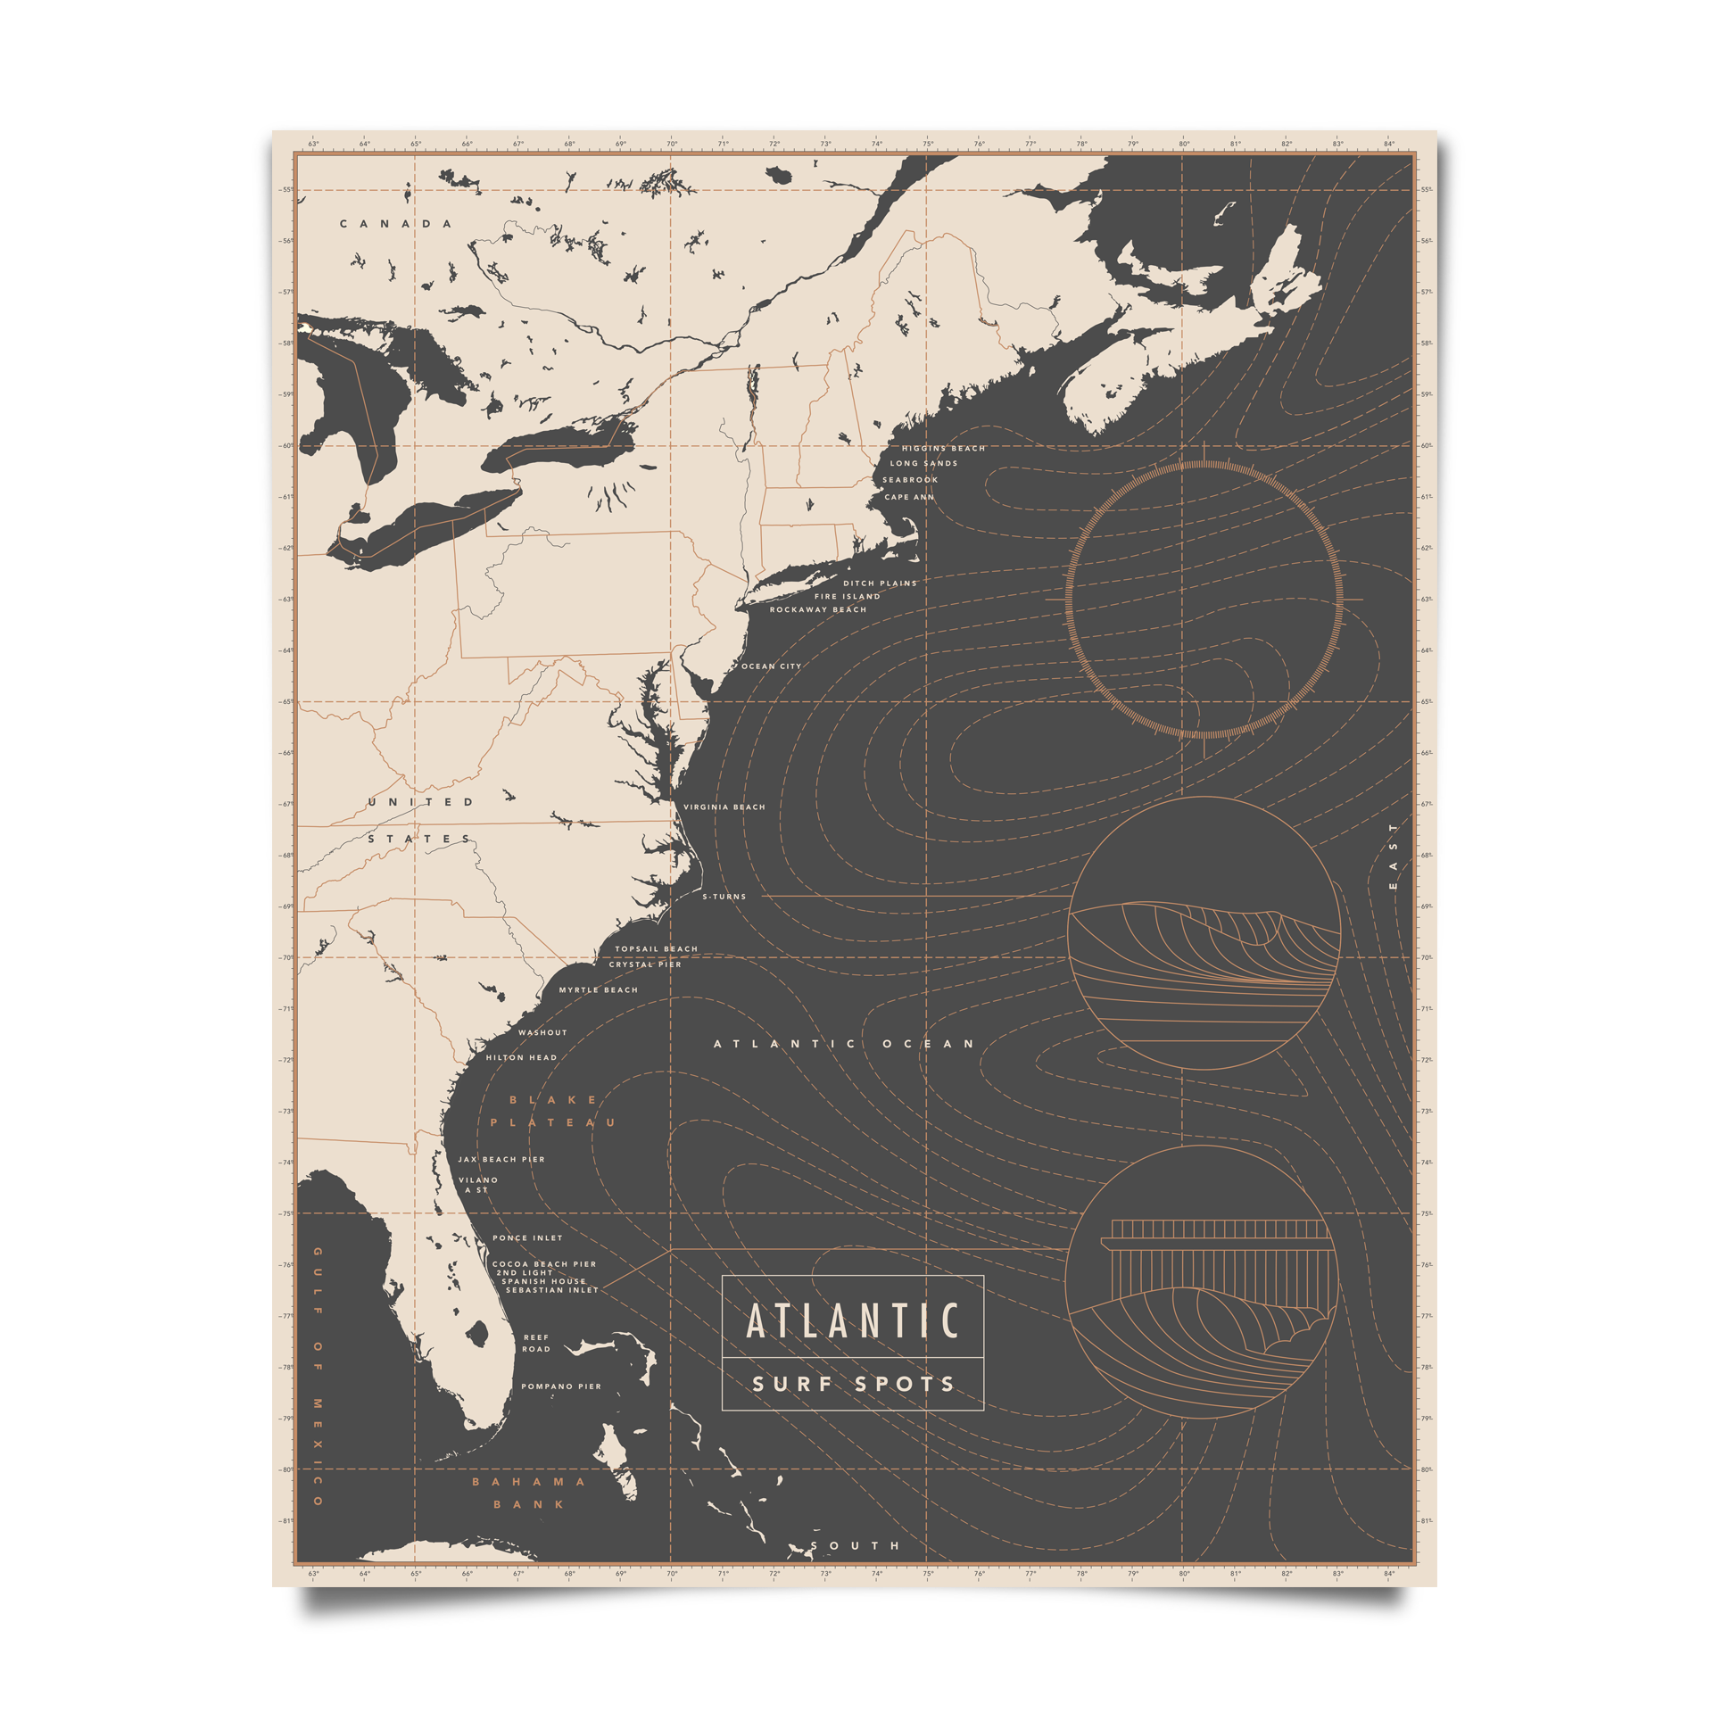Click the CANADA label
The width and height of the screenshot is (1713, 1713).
(396, 223)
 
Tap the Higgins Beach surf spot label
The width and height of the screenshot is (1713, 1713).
(943, 448)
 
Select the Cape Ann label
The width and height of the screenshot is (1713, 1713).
(909, 497)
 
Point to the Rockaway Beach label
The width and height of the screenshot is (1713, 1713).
(818, 609)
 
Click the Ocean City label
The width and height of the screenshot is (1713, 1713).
(772, 666)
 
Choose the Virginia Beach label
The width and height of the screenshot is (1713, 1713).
(724, 807)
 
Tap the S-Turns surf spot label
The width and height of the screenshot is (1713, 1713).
(724, 896)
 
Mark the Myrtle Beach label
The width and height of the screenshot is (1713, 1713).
(599, 989)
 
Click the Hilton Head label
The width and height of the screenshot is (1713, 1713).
(521, 1057)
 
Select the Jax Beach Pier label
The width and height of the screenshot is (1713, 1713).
(501, 1159)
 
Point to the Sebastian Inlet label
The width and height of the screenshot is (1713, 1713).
(552, 1290)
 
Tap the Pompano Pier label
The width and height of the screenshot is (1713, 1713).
(561, 1386)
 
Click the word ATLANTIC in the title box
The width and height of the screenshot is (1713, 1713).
(852, 1321)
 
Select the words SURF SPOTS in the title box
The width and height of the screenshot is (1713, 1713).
(853, 1385)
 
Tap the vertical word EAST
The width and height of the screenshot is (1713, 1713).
(1394, 856)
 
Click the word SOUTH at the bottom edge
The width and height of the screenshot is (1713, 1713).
(856, 1545)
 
